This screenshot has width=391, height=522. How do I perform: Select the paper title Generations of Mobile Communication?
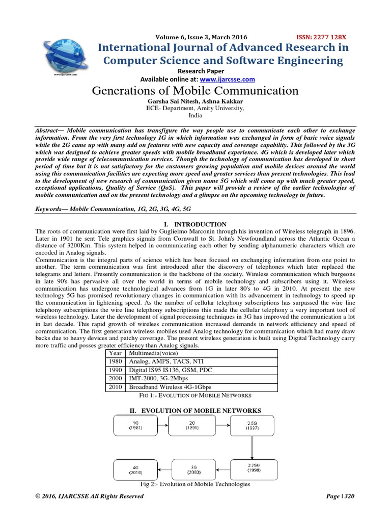(x=195, y=91)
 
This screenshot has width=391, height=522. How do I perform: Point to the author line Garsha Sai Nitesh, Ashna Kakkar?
(x=195, y=101)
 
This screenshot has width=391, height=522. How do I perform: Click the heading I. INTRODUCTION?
(x=195, y=224)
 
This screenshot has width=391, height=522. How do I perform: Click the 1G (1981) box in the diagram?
(x=135, y=426)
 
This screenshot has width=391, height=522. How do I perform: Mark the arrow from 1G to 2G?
(x=163, y=426)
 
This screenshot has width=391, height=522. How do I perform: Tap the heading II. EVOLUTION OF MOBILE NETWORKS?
(x=195, y=411)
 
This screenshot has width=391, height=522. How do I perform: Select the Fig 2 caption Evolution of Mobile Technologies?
(x=195, y=484)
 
